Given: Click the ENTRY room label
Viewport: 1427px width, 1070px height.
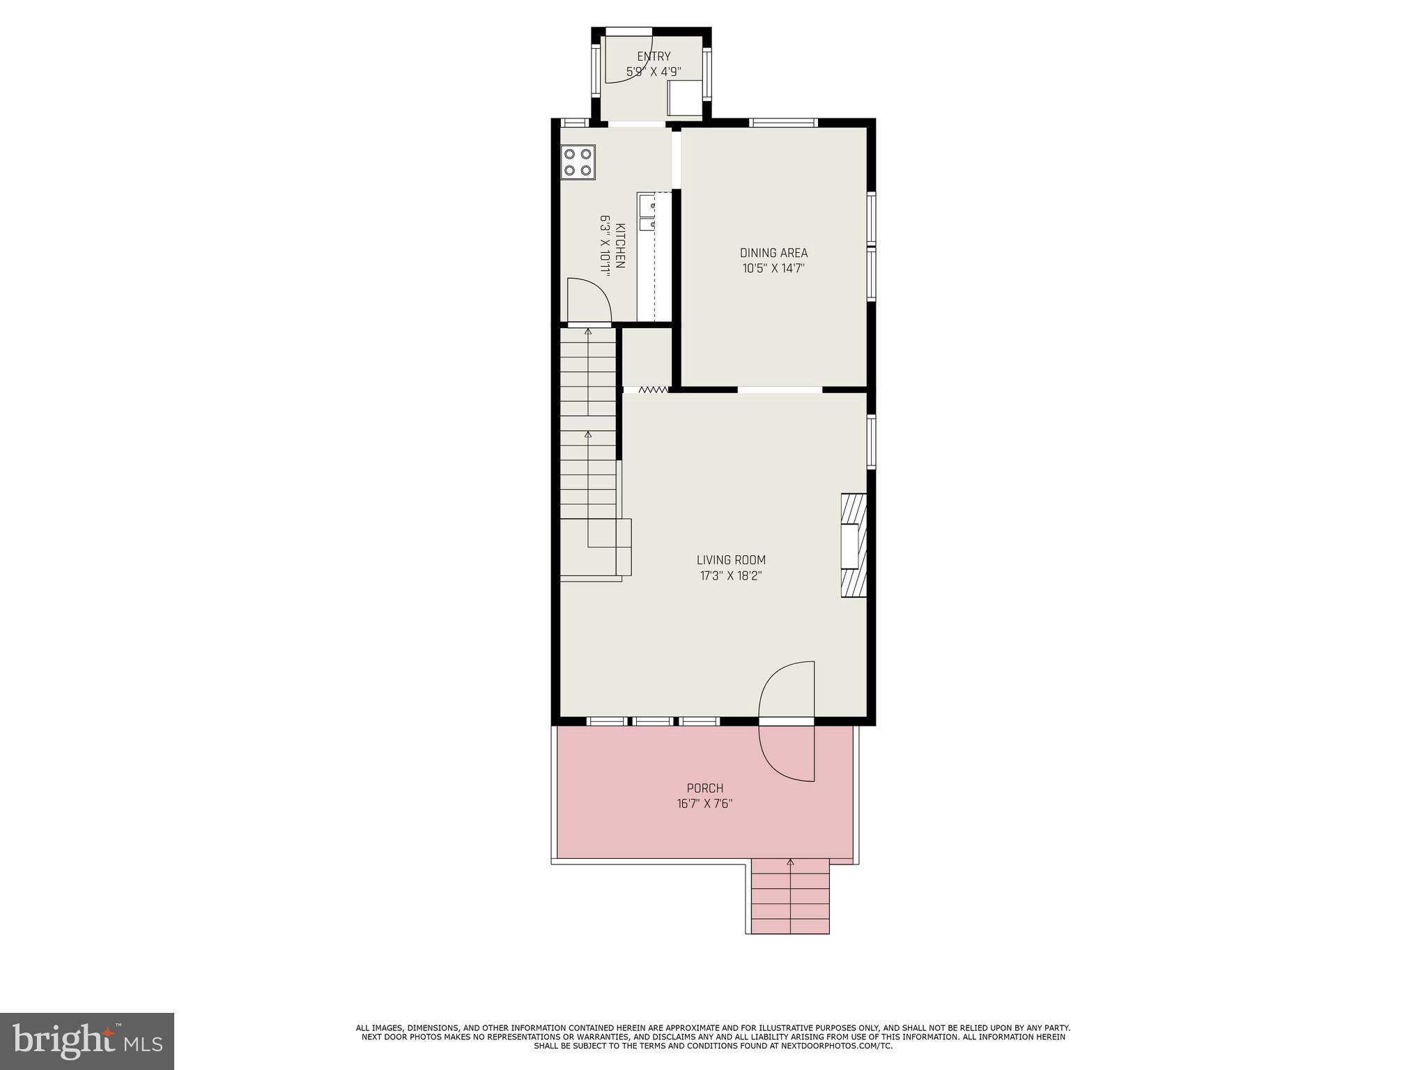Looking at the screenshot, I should pos(654,56).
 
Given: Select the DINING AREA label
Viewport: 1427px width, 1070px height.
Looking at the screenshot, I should pos(773,253).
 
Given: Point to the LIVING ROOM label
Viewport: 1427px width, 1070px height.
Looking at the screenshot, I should pos(731,560).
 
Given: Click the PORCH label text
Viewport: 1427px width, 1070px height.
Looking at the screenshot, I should pos(705,788).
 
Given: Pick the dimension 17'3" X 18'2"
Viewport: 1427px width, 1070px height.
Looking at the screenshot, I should pos(731,576).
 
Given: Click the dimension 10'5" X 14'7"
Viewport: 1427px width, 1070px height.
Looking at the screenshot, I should pos(773,268).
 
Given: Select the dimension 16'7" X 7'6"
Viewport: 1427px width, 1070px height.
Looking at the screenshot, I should pos(705,804).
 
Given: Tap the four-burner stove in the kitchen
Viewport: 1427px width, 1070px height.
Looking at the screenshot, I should pos(578,162).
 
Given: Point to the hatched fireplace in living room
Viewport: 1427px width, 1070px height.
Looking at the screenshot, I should pos(854,545).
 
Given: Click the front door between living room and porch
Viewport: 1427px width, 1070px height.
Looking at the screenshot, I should pos(787,721).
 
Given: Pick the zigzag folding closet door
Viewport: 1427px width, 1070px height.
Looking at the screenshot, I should pos(653,390).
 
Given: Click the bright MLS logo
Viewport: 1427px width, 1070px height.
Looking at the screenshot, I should pos(86,1041).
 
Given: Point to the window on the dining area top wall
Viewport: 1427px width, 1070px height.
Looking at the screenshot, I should pos(783,123).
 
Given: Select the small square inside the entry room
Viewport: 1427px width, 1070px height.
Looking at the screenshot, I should pos(684,98).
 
